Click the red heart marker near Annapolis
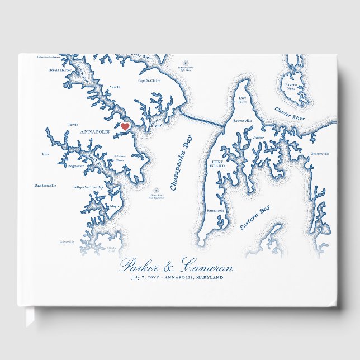[x=125, y=127]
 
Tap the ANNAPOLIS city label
[x=96, y=132]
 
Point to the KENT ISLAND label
[x=217, y=164]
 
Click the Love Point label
[x=235, y=100]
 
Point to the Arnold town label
[x=113, y=87]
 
